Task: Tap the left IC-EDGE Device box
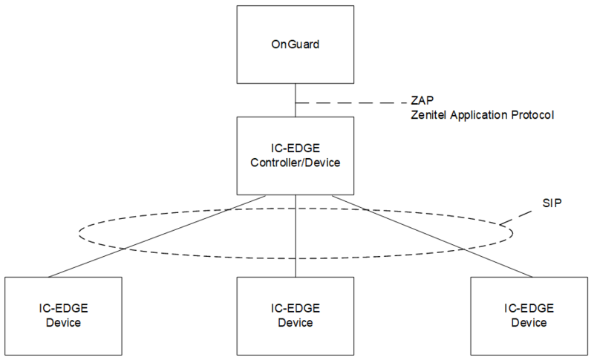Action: coord(62,315)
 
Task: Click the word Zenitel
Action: coord(429,115)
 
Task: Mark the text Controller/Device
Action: coord(296,163)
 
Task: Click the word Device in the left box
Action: coord(62,323)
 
